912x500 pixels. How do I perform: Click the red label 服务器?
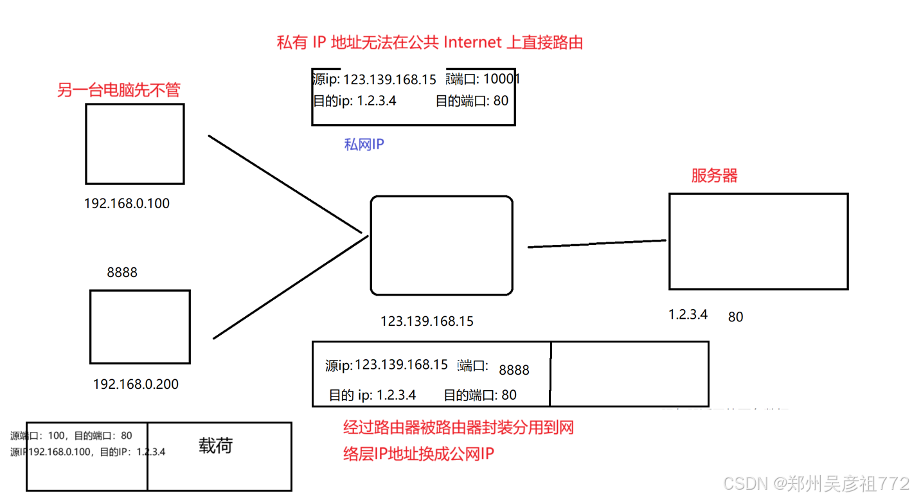point(715,176)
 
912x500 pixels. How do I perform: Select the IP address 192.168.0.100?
point(127,204)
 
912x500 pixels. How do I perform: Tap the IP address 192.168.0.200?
point(136,384)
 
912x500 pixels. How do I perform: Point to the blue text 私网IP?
point(364,145)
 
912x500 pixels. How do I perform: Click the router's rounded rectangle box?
point(442,246)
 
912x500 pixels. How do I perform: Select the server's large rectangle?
point(758,241)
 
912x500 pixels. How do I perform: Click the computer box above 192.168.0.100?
point(135,144)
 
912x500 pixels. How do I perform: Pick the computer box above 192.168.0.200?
point(140,326)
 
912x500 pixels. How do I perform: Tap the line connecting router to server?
point(596,243)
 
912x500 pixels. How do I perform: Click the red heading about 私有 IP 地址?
point(429,43)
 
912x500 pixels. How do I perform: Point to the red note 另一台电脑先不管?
point(118,90)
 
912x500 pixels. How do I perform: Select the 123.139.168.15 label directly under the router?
point(427,321)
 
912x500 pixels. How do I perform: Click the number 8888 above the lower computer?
point(122,272)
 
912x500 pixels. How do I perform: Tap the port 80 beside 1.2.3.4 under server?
point(735,316)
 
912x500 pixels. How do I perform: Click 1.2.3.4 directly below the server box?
point(688,314)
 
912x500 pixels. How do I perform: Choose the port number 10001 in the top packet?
point(501,79)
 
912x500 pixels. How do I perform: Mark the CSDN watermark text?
point(815,483)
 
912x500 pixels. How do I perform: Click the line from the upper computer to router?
point(285,184)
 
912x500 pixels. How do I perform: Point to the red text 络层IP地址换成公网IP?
point(418,454)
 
